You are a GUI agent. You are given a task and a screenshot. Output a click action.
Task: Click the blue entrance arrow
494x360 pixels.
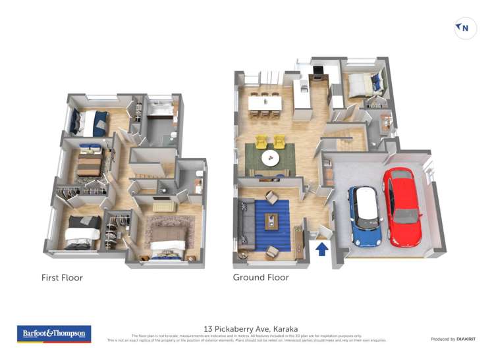[x=322, y=249]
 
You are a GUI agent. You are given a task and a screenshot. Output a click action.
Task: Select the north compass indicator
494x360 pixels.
[x=466, y=28]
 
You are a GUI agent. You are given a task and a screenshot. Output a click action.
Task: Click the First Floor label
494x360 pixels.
[x=62, y=278]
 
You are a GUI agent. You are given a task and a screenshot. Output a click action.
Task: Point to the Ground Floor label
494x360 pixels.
[x=261, y=278]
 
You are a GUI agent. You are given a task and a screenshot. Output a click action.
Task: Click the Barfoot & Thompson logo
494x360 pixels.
[x=54, y=334]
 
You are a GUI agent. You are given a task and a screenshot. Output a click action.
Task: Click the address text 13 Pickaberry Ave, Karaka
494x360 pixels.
[x=251, y=328]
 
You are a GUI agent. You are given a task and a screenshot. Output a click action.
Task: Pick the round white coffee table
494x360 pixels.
[x=270, y=159]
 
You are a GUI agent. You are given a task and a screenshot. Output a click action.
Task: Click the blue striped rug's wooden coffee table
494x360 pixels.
[x=273, y=222]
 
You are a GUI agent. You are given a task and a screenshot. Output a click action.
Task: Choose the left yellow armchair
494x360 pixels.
[x=261, y=141]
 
